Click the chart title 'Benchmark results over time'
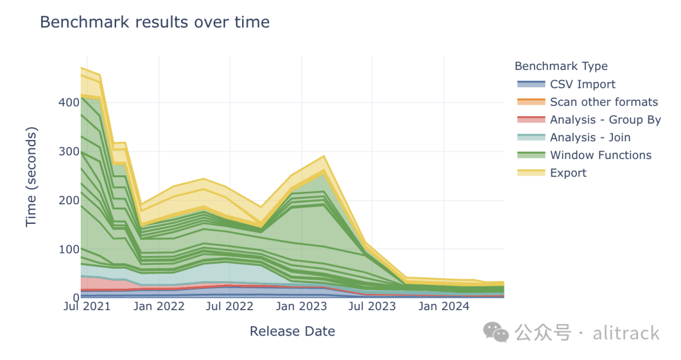click(154, 22)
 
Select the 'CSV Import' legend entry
click(582, 84)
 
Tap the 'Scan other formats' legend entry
click(603, 102)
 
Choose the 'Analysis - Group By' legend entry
click(605, 120)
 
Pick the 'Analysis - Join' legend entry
click(590, 137)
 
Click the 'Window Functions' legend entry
click(600, 155)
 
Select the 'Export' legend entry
click(567, 173)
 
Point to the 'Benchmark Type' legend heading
click(561, 66)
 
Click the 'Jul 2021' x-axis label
click(88, 307)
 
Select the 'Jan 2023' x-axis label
click(301, 307)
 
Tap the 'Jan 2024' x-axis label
click(444, 307)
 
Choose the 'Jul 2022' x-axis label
click(230, 307)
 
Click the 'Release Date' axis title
click(292, 332)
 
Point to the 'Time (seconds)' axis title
click(32, 177)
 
